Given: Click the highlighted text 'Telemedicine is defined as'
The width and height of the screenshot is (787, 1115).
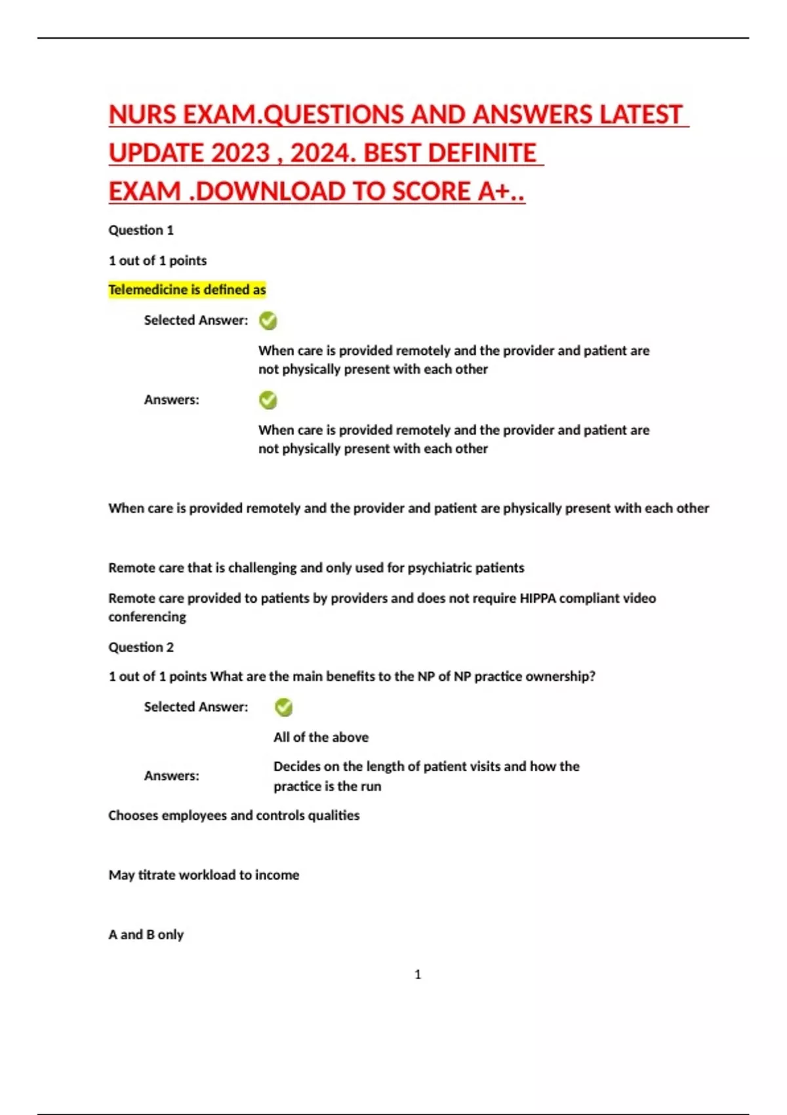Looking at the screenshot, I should pyautogui.click(x=187, y=290).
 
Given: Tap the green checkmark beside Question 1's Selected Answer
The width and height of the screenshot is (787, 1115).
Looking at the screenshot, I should pyautogui.click(x=268, y=321).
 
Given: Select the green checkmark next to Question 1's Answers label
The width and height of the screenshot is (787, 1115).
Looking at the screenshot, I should pyautogui.click(x=268, y=400).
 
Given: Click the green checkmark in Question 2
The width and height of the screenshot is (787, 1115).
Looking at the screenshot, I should pyautogui.click(x=283, y=707).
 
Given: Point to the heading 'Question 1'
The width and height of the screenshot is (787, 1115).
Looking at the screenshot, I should pyautogui.click(x=141, y=230).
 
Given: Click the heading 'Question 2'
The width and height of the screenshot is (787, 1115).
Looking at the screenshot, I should pyautogui.click(x=141, y=647).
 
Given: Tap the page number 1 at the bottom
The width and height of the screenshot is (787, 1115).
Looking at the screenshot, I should pyautogui.click(x=418, y=975).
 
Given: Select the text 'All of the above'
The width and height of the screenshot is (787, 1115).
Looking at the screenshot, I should pyautogui.click(x=321, y=737).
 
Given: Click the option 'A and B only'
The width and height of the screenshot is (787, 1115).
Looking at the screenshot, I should pyautogui.click(x=146, y=935).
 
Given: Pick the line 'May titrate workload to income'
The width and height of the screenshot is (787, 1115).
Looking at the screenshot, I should pyautogui.click(x=203, y=875).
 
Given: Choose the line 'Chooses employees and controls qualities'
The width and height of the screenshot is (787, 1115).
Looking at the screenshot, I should pyautogui.click(x=233, y=815).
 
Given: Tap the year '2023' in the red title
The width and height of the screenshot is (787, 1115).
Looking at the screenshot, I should pyautogui.click(x=241, y=153).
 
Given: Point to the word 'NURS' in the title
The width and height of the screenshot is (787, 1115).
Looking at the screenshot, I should pyautogui.click(x=142, y=115).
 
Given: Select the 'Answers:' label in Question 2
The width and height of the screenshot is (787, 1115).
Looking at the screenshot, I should pyautogui.click(x=171, y=776).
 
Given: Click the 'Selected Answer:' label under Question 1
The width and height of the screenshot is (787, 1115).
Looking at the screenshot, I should pyautogui.click(x=196, y=321).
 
